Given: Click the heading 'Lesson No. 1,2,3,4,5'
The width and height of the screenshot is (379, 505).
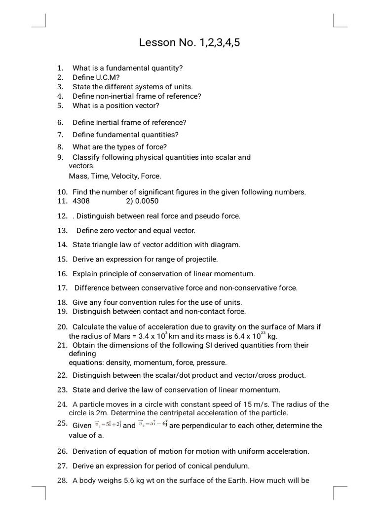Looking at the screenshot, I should [189, 43].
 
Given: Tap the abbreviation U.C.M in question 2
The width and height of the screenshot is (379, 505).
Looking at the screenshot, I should [108, 77].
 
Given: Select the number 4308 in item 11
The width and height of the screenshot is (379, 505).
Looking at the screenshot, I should [81, 201].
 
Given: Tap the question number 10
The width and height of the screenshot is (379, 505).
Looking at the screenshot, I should [62, 192].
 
